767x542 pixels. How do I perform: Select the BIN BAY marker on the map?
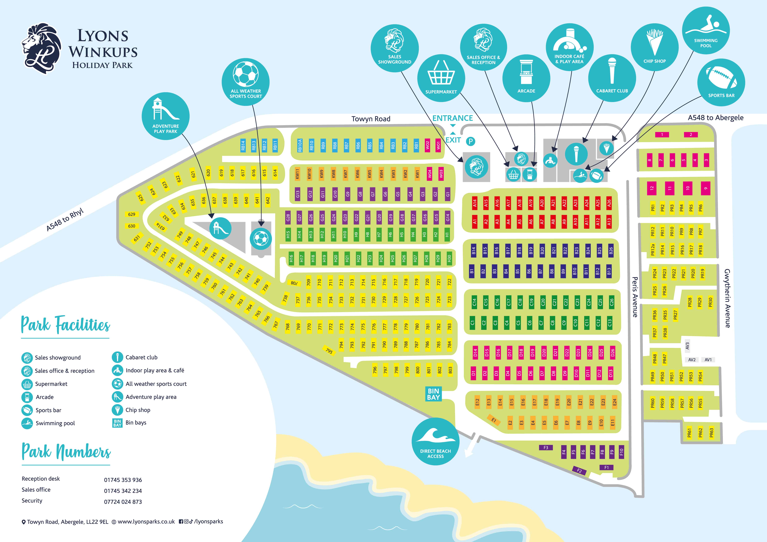(x=433, y=394)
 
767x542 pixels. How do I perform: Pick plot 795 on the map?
(x=329, y=351)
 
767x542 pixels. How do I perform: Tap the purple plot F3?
(x=545, y=448)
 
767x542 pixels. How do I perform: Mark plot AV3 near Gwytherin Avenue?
(x=687, y=346)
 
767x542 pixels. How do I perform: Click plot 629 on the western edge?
(x=132, y=214)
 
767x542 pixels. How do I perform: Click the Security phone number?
(x=123, y=502)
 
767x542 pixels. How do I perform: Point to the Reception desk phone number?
(x=123, y=480)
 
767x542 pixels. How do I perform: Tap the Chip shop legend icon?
(x=117, y=410)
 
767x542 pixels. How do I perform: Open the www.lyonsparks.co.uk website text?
(x=146, y=522)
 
